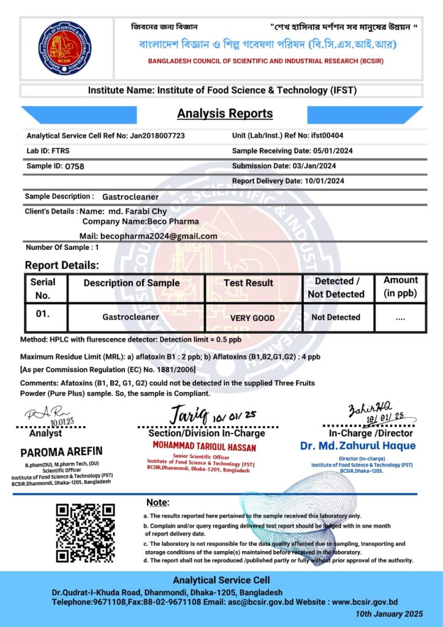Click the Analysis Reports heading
click(225, 113)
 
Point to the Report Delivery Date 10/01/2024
click(324, 181)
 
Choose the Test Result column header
click(249, 283)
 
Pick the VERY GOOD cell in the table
click(252, 318)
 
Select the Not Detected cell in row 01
click(336, 317)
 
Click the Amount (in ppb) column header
click(401, 287)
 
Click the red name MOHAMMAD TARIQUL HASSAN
click(204, 447)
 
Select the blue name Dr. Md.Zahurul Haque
click(358, 446)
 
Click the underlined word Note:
click(158, 502)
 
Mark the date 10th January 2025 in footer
click(389, 614)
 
